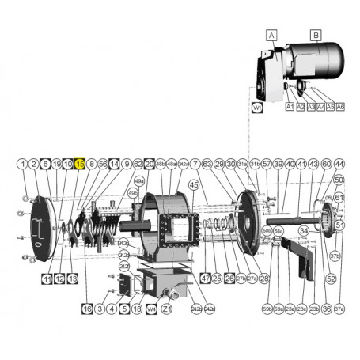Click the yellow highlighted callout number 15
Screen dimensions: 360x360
pos(80,163)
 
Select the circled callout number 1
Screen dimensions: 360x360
pos(22,163)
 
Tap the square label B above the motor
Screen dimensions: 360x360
pos(315,35)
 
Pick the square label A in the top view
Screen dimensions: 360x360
pos(271,35)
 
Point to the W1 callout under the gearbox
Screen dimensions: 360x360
pos(257,107)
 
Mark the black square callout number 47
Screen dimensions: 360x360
pos(205,279)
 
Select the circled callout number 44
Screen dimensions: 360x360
pos(339,163)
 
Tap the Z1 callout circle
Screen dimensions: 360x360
pos(165,309)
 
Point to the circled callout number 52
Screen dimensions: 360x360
pos(331,279)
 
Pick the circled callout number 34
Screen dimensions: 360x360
pos(304,252)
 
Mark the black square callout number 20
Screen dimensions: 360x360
pos(149,163)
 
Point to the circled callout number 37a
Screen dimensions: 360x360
pos(339,309)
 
